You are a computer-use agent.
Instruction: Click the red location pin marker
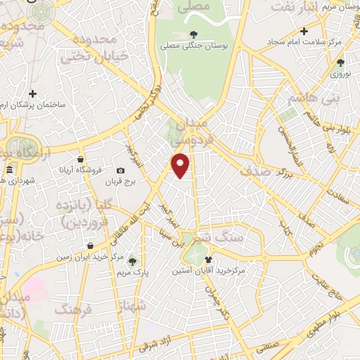181,165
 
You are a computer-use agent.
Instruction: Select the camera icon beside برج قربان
121,171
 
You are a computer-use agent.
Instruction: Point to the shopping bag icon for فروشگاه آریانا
82,159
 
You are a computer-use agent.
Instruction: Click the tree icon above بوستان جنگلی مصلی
194,33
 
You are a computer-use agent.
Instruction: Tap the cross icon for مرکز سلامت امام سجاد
303,31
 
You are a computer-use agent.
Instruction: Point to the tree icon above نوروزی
340,63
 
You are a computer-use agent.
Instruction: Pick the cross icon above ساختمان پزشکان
32,93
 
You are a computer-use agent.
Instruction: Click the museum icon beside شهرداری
9,170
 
